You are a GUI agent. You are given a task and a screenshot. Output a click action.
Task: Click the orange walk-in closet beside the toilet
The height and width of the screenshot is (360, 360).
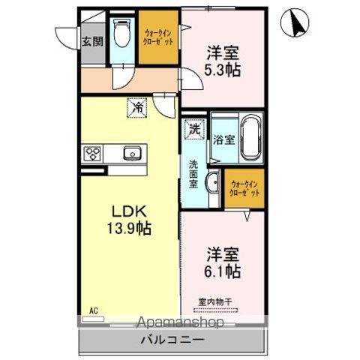tap(158, 37)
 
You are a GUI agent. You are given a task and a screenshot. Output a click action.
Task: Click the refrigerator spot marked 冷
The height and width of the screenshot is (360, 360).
tap(137, 107)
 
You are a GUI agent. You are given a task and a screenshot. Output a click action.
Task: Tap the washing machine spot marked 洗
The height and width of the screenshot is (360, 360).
tap(194, 127)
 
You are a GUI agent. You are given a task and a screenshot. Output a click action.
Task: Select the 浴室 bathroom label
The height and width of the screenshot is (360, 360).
tap(223, 139)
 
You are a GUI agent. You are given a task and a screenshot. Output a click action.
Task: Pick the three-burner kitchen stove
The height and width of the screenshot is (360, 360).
tap(94, 154)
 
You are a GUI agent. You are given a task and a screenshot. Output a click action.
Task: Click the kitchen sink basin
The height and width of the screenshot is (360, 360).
tap(133, 153)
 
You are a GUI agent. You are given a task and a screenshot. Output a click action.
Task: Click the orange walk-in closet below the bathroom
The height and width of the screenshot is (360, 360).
tap(245, 188)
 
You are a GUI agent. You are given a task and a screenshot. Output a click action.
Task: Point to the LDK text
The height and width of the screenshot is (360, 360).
tap(124, 211)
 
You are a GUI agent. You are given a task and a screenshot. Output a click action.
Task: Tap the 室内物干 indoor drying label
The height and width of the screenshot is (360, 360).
tap(215, 301)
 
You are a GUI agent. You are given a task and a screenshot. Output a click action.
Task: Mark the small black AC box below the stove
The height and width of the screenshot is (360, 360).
tap(94, 171)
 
